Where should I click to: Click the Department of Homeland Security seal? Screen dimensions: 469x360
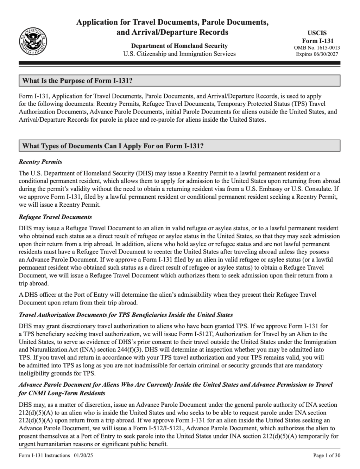(x=34, y=40)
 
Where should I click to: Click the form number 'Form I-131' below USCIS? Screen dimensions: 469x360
(x=317, y=41)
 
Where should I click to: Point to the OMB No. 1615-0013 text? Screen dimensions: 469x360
(x=317, y=48)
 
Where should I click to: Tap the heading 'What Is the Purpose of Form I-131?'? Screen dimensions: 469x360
(x=77, y=81)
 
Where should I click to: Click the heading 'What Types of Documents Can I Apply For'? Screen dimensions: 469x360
(x=113, y=146)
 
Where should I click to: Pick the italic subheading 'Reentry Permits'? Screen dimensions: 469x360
(x=40, y=162)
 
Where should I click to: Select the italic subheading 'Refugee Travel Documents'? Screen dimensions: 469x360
(x=55, y=217)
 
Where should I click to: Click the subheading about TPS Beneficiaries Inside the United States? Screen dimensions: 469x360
(x=126, y=315)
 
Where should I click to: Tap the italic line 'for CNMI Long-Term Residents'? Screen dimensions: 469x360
(x=62, y=393)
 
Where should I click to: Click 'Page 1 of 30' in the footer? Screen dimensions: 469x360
(x=327, y=456)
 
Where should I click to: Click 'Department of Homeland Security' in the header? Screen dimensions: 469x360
(x=179, y=46)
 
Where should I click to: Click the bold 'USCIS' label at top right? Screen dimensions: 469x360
(x=317, y=33)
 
